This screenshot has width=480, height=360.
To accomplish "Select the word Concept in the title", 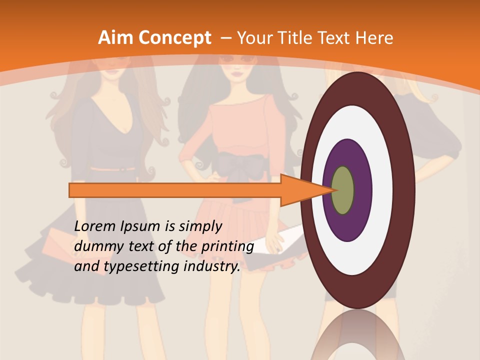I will (x=174, y=38).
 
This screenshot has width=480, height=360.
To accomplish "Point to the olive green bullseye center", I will (x=342, y=190).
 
